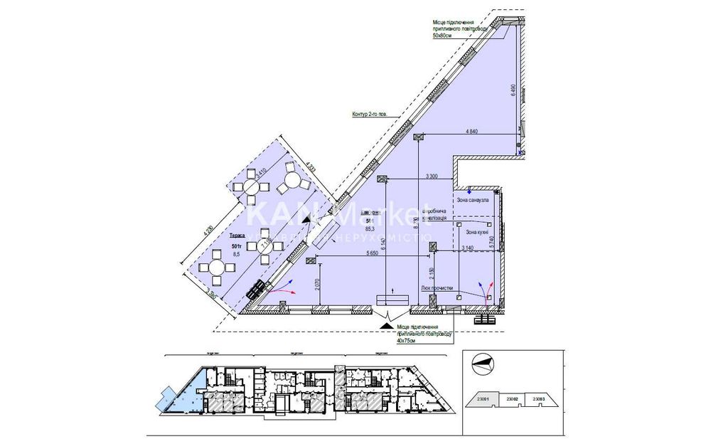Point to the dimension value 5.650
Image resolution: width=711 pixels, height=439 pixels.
click(376, 253)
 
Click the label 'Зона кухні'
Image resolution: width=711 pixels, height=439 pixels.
click(476, 233)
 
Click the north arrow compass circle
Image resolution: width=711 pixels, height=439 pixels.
click(483, 364)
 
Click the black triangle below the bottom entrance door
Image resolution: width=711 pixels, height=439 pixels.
click(385, 325)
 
